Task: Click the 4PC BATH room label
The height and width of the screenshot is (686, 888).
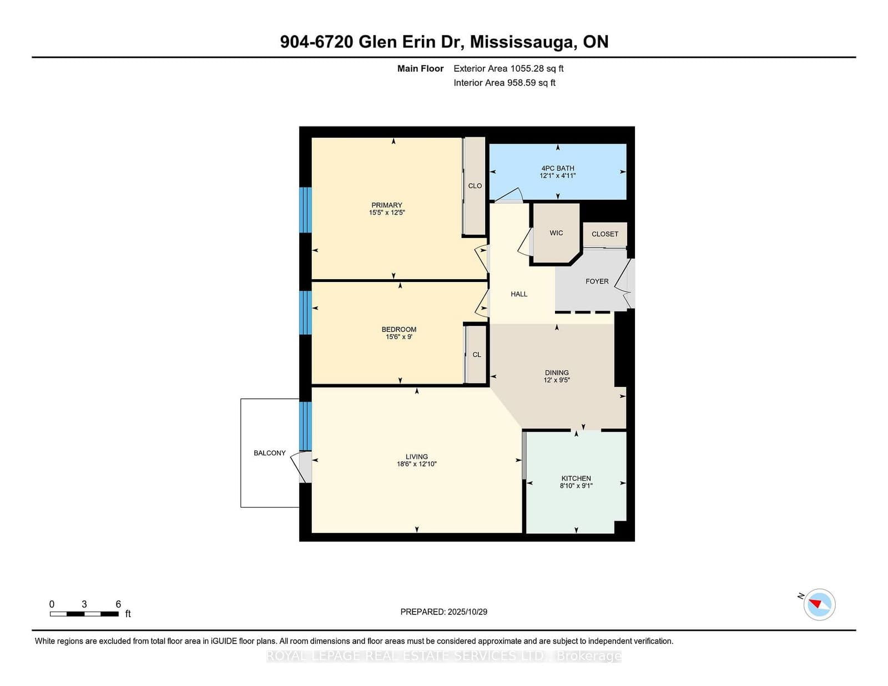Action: [558, 168]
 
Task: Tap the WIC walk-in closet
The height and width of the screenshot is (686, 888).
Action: [556, 233]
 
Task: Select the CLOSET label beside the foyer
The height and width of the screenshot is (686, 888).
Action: [604, 234]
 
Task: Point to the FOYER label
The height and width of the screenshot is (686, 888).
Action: [597, 281]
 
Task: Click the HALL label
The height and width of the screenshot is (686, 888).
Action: [519, 294]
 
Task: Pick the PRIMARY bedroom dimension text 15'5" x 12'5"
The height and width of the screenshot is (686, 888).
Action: [387, 213]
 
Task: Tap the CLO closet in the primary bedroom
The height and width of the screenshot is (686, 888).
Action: [475, 186]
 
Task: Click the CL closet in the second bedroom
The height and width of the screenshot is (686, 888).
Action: [477, 355]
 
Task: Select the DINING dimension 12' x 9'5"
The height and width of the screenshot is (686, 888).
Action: [557, 380]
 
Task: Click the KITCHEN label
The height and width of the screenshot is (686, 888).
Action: [576, 478]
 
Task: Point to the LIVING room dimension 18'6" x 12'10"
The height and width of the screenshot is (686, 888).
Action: [416, 464]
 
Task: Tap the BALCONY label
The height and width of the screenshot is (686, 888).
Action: [270, 453]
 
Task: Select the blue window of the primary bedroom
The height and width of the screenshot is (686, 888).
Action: [305, 210]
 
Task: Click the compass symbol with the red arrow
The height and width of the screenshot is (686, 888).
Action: [820, 604]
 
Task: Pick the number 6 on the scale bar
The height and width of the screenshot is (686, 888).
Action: [118, 604]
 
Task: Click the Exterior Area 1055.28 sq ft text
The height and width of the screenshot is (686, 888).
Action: [508, 69]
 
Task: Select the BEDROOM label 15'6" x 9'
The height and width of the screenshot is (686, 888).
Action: [398, 330]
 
